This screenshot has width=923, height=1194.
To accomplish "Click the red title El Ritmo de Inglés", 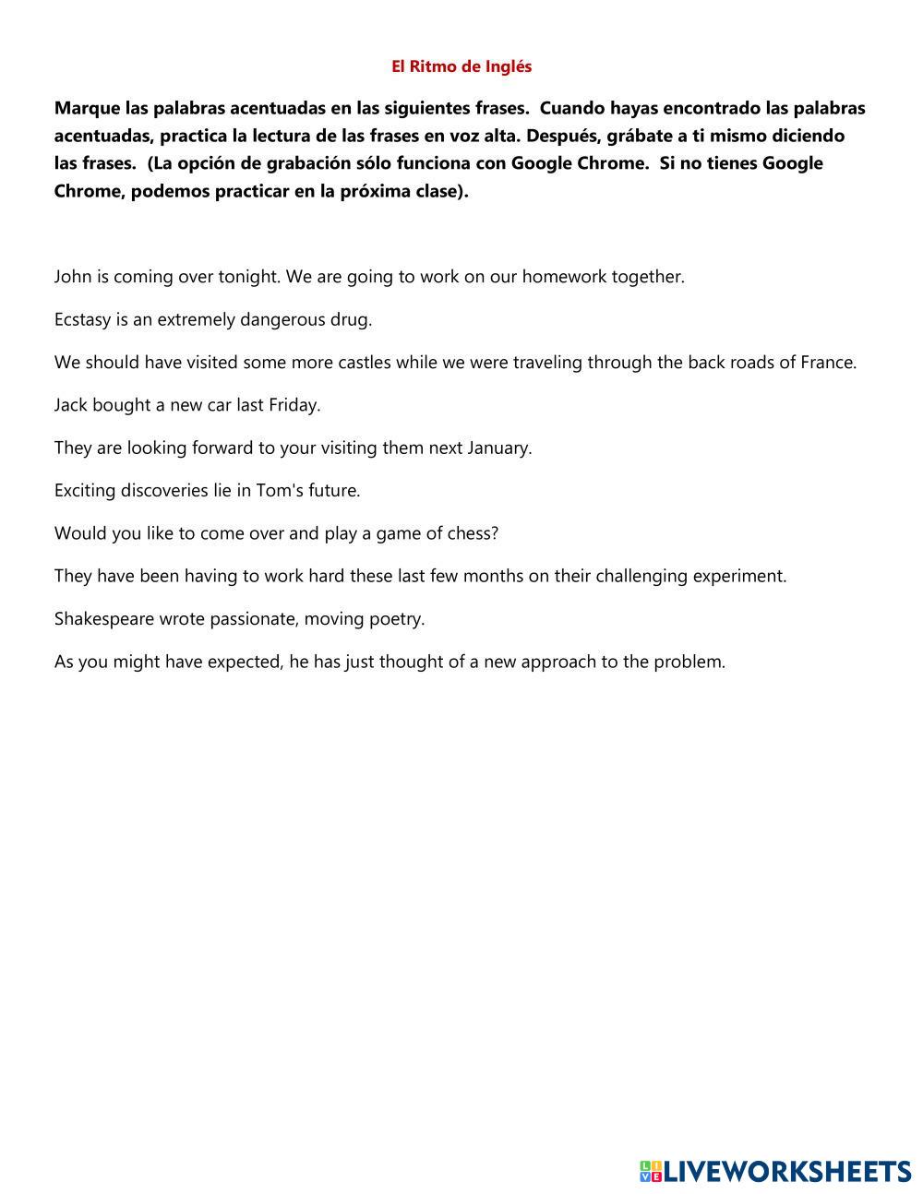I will coord(461,66).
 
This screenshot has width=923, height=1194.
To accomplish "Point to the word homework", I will coord(564,277).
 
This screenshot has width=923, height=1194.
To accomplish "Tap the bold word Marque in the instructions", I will coord(87,108).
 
